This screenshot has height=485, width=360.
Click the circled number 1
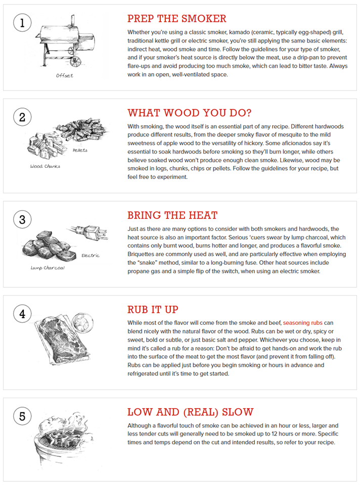coord(22,23)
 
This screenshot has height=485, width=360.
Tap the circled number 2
coord(22,118)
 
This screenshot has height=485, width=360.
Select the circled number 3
coord(22,220)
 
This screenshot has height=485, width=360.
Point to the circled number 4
coord(22,314)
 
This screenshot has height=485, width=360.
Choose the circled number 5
coord(22,416)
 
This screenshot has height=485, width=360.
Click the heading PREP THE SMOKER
coord(176,19)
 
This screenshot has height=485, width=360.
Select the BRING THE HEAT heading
coord(172,215)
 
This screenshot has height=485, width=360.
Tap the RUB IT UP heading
coord(153,309)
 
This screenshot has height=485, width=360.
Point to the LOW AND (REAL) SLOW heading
coord(190,412)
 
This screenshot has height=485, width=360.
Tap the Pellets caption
coord(80,151)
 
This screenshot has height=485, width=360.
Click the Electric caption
coord(90,256)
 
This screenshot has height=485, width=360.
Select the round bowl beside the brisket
coord(80,322)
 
